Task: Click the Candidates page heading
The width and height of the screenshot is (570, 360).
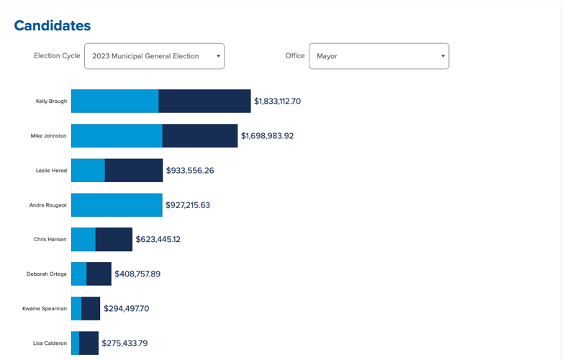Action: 53,26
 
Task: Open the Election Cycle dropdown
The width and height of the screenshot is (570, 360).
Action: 154,56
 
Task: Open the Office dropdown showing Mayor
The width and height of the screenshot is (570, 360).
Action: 379,56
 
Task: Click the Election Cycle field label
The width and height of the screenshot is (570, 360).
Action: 57,56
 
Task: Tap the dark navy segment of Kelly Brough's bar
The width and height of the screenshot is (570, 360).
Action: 204,102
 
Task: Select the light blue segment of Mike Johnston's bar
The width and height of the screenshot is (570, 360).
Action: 117,136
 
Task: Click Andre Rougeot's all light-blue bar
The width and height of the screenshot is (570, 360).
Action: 117,205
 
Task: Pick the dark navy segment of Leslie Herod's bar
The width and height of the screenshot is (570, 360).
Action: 134,171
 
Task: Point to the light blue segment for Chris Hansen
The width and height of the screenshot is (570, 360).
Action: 83,240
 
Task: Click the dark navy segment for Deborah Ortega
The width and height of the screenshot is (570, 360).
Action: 99,274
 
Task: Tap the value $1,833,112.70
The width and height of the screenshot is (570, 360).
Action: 277,102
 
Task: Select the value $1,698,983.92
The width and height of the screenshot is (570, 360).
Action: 267,136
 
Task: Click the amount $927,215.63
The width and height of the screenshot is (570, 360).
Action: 188,205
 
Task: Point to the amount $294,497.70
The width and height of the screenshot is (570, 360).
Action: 126,309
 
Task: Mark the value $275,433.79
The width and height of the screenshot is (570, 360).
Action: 125,343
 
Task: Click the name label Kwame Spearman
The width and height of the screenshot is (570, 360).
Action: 45,309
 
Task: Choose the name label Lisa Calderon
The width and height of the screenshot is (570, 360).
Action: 50,343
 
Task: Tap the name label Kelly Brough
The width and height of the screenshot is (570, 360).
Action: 51,102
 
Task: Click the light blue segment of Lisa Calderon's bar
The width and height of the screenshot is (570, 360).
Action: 75,343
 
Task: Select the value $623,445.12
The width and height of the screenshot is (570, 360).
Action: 158,240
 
